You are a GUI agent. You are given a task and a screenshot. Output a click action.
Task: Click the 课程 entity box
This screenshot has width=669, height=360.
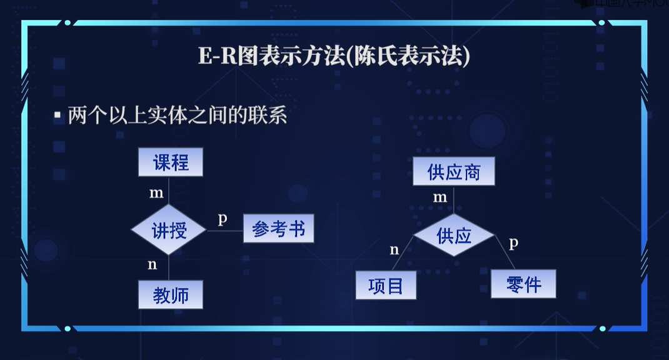pyautogui.click(x=171, y=162)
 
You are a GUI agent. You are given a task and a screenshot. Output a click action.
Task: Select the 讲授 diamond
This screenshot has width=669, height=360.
pyautogui.click(x=169, y=230)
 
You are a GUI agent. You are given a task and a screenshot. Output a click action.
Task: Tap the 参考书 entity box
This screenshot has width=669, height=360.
pyautogui.click(x=278, y=229)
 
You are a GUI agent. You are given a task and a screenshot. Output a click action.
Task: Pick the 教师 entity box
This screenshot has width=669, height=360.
pyautogui.click(x=171, y=294)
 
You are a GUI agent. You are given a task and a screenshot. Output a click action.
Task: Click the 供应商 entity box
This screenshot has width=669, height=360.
pyautogui.click(x=454, y=171)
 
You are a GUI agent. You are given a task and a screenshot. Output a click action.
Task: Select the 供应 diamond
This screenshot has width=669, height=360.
pyautogui.click(x=454, y=236)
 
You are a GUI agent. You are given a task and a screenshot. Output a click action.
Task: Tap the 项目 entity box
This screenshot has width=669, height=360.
pyautogui.click(x=386, y=286)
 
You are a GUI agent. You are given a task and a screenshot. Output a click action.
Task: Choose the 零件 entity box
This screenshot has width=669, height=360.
pyautogui.click(x=523, y=284)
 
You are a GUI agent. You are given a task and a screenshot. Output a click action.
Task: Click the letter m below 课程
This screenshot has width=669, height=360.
pyautogui.click(x=156, y=193)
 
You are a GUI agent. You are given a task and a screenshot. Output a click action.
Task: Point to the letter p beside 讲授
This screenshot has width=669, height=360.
pyautogui.click(x=222, y=219)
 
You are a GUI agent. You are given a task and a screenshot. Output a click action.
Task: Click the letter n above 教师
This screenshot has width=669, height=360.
pyautogui.click(x=152, y=264)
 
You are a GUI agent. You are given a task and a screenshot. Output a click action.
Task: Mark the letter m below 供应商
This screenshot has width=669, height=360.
pyautogui.click(x=440, y=197)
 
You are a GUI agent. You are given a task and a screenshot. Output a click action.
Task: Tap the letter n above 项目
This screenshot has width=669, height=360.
pyautogui.click(x=394, y=250)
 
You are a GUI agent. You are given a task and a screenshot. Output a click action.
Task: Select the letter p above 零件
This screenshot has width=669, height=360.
pyautogui.click(x=513, y=243)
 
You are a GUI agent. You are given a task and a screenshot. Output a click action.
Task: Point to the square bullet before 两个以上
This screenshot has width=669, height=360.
pyautogui.click(x=58, y=116)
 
